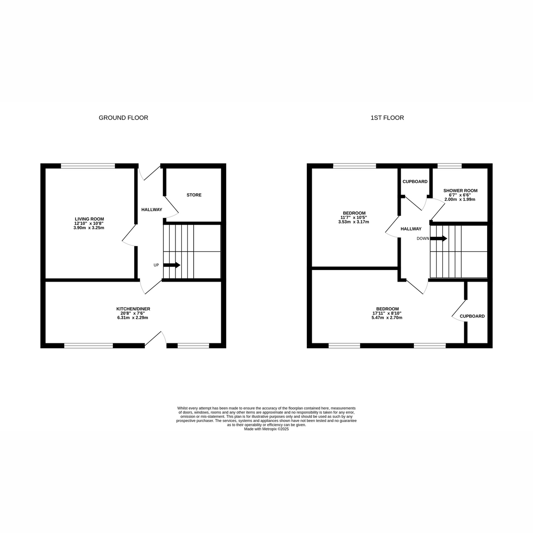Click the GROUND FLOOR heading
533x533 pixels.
click(x=123, y=118)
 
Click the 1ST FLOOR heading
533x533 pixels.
click(x=387, y=118)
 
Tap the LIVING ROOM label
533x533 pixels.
click(x=89, y=219)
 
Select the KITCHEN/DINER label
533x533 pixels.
click(x=130, y=309)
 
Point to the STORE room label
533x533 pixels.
click(x=194, y=195)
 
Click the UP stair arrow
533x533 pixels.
click(x=172, y=265)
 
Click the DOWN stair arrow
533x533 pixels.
click(x=438, y=239)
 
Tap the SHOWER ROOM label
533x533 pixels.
click(x=460, y=191)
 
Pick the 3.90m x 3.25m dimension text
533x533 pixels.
click(x=89, y=228)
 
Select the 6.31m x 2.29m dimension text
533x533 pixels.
click(x=132, y=318)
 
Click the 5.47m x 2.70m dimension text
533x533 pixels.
click(x=387, y=318)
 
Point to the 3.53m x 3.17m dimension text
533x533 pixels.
click(x=354, y=222)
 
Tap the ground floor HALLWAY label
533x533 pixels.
click(x=151, y=210)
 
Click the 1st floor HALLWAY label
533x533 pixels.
click(x=411, y=229)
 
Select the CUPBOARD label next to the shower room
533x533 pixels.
click(x=415, y=182)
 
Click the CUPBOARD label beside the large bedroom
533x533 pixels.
click(x=472, y=316)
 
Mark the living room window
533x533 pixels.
click(x=88, y=166)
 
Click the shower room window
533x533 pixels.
click(x=449, y=166)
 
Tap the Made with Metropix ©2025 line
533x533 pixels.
click(x=266, y=429)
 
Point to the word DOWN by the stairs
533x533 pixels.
click(x=423, y=239)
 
